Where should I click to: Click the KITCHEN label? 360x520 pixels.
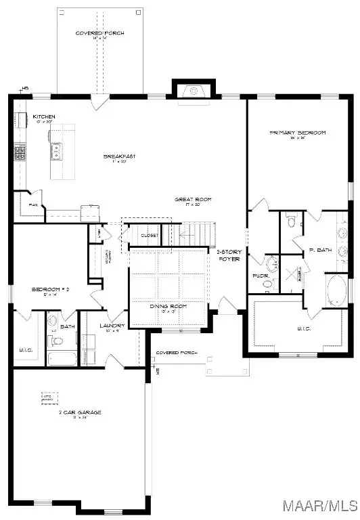click(x=44, y=117)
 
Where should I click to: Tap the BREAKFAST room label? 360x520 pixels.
click(x=120, y=157)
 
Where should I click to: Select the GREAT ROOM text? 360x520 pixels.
click(x=194, y=200)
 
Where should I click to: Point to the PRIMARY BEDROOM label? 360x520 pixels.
click(x=298, y=133)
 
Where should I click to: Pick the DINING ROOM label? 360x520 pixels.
click(x=168, y=307)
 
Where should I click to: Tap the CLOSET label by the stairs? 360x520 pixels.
click(x=150, y=235)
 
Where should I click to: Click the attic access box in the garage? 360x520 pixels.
click(x=49, y=397)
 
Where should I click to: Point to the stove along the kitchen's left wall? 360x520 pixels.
click(x=20, y=152)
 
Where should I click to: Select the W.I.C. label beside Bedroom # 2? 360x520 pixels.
click(x=26, y=349)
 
